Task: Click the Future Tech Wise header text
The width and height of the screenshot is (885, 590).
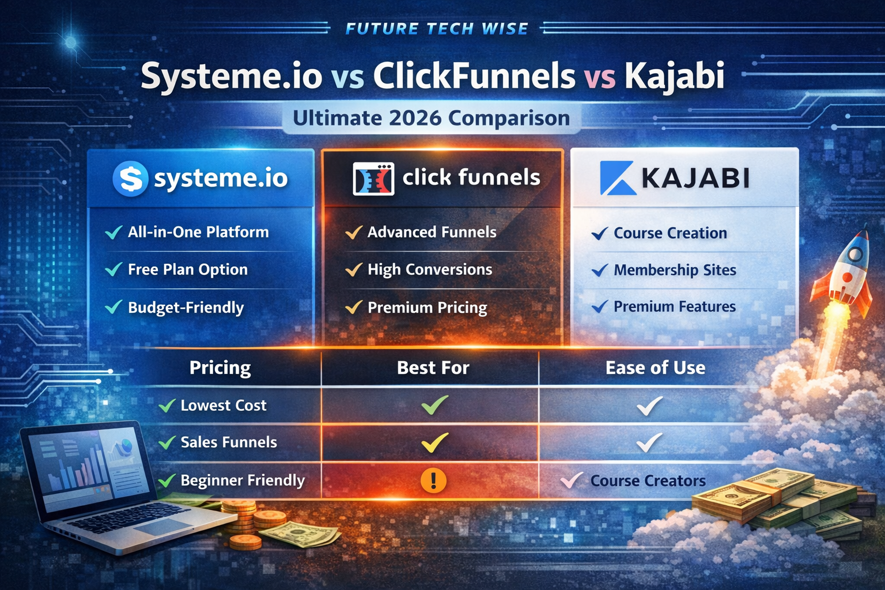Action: tap(437, 28)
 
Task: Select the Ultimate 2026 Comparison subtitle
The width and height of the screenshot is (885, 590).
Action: tap(432, 118)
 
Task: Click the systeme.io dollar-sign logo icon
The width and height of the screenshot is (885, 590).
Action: tap(130, 179)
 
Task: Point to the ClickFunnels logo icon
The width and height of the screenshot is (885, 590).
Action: tap(373, 179)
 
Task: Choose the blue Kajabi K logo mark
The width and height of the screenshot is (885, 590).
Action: tap(618, 178)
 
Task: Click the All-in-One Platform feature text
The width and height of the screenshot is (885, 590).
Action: tap(198, 232)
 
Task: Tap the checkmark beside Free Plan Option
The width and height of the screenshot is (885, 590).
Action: tap(114, 270)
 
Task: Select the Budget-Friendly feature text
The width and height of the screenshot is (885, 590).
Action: tap(186, 308)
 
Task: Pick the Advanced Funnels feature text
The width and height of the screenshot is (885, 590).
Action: tap(432, 232)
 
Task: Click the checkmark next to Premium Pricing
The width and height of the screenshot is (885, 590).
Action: tap(354, 307)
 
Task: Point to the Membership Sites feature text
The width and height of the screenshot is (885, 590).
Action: tap(675, 270)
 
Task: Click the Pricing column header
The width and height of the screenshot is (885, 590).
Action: tap(220, 368)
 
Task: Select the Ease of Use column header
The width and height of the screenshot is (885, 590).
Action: tap(656, 368)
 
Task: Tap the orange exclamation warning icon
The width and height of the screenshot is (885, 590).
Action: tap(433, 481)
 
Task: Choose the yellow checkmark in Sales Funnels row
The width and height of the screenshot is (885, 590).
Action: tap(434, 442)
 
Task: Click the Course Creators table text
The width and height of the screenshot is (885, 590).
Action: tap(648, 481)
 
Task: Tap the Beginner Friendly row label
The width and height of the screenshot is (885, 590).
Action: tap(243, 481)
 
